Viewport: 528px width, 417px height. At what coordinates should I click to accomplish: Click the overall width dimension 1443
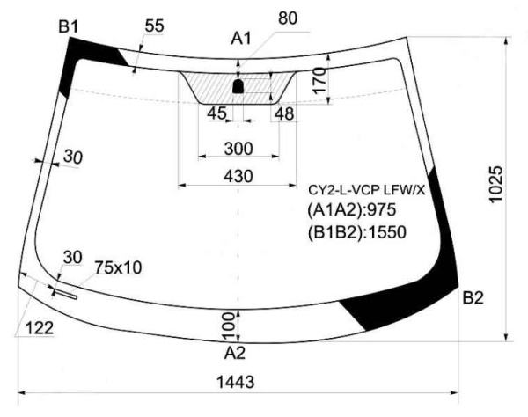(235, 382)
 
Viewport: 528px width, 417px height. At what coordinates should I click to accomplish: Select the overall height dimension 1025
(496, 184)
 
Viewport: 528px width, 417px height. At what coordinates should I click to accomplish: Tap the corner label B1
(69, 26)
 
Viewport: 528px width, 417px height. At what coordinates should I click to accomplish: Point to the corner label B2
(473, 298)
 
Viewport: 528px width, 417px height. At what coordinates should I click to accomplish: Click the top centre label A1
(241, 39)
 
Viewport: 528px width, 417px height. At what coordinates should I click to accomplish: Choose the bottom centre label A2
(235, 353)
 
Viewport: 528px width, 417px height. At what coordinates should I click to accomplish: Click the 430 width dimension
(238, 176)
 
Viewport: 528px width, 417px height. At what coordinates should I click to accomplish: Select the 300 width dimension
(238, 149)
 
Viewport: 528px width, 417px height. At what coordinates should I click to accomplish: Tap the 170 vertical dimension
(319, 80)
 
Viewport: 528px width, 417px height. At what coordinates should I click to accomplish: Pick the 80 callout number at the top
(288, 18)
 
